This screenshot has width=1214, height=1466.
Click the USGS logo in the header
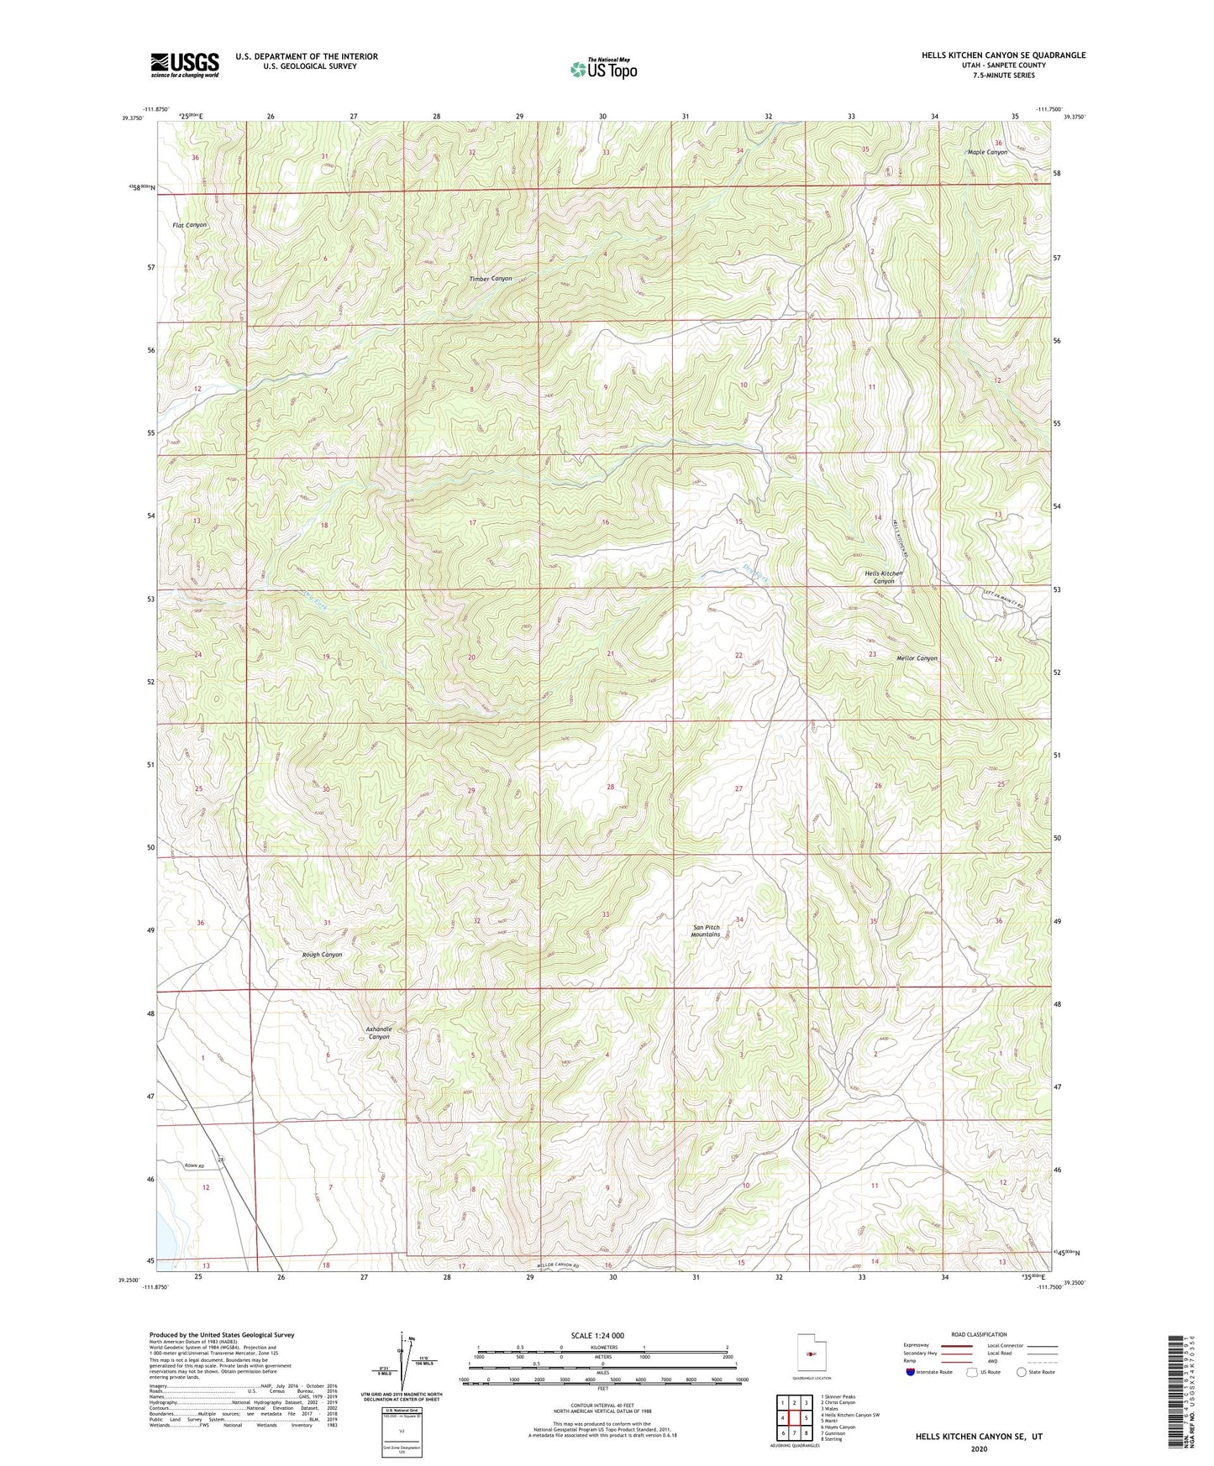(x=185, y=64)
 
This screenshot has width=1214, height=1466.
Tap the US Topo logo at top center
(x=603, y=69)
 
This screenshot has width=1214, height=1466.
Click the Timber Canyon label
(x=491, y=279)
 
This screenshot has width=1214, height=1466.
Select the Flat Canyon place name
(x=189, y=225)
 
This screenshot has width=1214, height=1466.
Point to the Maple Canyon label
(x=987, y=152)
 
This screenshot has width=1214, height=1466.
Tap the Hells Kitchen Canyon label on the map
(x=884, y=578)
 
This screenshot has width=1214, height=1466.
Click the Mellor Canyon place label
(x=916, y=658)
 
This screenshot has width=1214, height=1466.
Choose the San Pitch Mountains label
(x=706, y=930)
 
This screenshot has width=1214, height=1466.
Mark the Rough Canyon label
(x=322, y=955)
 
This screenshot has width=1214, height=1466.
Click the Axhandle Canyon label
(x=379, y=1033)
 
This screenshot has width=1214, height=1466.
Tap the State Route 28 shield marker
(x=222, y=1160)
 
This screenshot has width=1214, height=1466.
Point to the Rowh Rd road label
(x=195, y=1165)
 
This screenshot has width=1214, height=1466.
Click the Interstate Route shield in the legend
(x=912, y=1372)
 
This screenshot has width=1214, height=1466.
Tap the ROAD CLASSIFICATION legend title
(x=979, y=1334)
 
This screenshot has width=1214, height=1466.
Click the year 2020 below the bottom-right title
(x=979, y=1448)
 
